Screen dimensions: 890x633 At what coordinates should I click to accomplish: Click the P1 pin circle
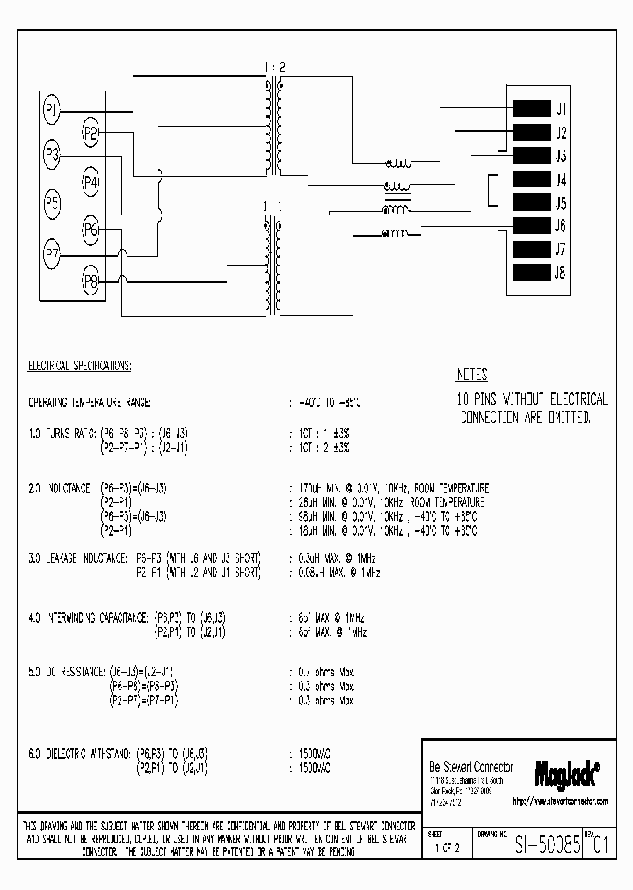pyautogui.click(x=52, y=110)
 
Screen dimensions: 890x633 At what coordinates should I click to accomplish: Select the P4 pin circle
pyautogui.click(x=91, y=182)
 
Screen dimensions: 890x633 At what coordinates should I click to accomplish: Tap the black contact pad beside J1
pyautogui.click(x=530, y=110)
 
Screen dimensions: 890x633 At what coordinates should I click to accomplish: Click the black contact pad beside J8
pyautogui.click(x=530, y=272)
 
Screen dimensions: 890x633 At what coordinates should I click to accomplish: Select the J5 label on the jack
pyautogui.click(x=561, y=203)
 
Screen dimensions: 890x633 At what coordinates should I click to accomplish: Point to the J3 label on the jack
pyautogui.click(x=561, y=157)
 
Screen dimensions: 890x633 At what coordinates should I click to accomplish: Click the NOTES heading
pyautogui.click(x=472, y=375)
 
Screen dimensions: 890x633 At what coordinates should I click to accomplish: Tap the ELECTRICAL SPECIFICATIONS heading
pyautogui.click(x=80, y=364)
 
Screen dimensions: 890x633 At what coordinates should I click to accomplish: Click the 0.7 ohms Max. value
pyautogui.click(x=323, y=672)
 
